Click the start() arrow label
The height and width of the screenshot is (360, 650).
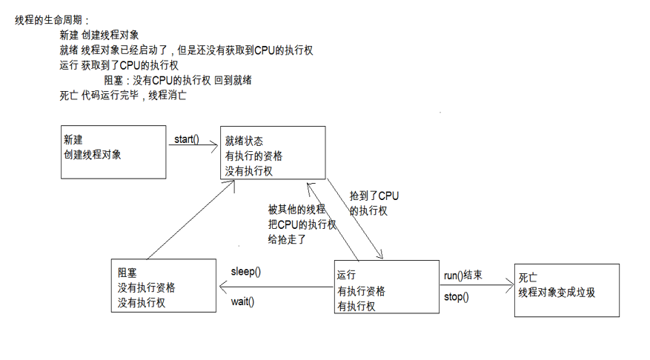coord(186,139)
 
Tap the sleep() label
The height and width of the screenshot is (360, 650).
coord(245,271)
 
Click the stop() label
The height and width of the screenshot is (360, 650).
coord(456,297)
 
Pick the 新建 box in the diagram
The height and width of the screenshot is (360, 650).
coord(113,151)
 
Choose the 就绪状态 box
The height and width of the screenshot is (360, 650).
coord(273,153)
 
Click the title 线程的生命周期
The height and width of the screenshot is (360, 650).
coord(51,20)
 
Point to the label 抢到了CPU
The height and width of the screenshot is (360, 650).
coord(374,196)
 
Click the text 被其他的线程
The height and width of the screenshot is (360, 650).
coord(296,210)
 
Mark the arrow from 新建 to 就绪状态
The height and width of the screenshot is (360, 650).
coord(193,145)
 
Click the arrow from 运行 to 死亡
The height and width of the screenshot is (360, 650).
coord(475,286)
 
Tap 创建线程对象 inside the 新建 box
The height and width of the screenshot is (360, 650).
coord(93,155)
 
